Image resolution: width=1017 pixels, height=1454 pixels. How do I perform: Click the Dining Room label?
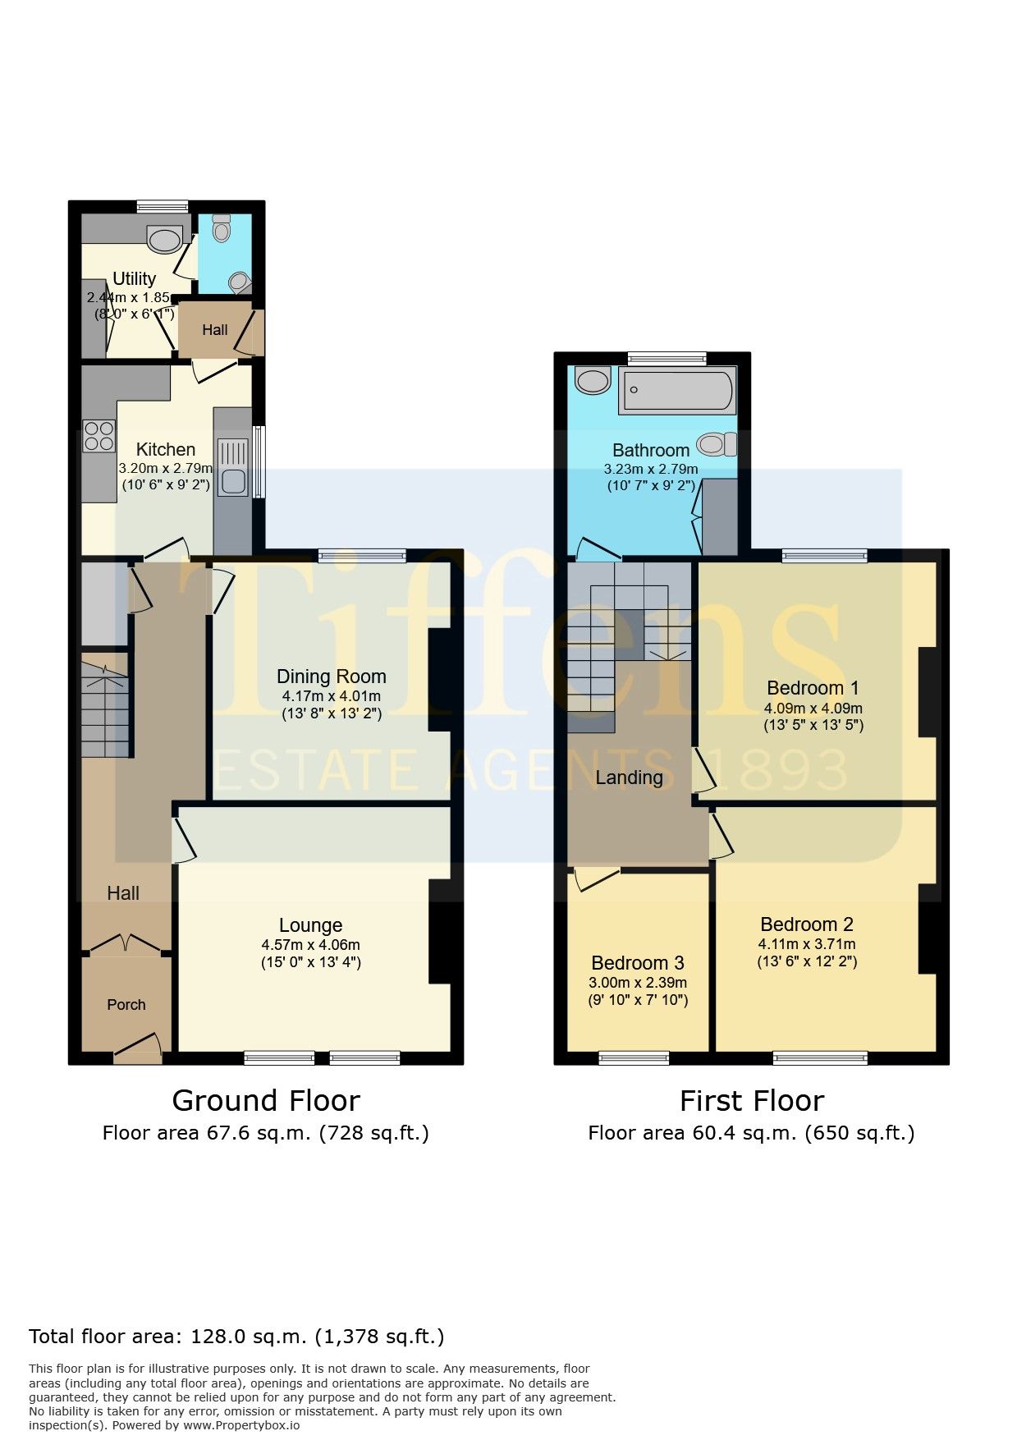(x=331, y=677)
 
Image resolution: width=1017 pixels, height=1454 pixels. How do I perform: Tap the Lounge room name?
(x=310, y=925)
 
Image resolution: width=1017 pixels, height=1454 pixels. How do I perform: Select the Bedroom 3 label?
(x=638, y=963)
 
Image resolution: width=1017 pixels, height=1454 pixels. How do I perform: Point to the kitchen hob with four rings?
(x=98, y=436)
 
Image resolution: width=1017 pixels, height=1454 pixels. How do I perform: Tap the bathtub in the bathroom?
(x=677, y=391)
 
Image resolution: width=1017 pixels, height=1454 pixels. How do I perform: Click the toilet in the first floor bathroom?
(x=717, y=444)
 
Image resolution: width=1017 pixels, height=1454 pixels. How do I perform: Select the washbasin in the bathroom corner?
(x=593, y=380)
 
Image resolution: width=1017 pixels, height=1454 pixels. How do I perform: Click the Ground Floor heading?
(x=266, y=1100)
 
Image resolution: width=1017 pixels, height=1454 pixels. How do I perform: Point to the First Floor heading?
(x=752, y=1100)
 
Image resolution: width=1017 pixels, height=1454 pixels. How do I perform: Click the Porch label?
(x=126, y=1005)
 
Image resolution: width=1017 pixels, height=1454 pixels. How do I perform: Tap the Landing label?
(x=629, y=777)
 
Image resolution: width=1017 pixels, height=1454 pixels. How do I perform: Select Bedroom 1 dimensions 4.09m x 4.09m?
(x=813, y=708)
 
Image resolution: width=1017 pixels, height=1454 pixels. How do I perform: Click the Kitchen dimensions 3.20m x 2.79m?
(x=165, y=469)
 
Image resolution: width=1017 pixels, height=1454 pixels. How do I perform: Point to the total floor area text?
(x=236, y=1337)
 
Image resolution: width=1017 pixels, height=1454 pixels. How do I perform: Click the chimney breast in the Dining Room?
(x=439, y=680)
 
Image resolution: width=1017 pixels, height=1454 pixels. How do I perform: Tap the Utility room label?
(x=134, y=278)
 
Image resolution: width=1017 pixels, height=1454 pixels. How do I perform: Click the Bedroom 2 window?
(x=820, y=1058)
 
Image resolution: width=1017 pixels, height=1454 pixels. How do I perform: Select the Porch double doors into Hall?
(x=126, y=944)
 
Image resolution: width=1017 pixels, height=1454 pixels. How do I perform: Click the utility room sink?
(x=165, y=239)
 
